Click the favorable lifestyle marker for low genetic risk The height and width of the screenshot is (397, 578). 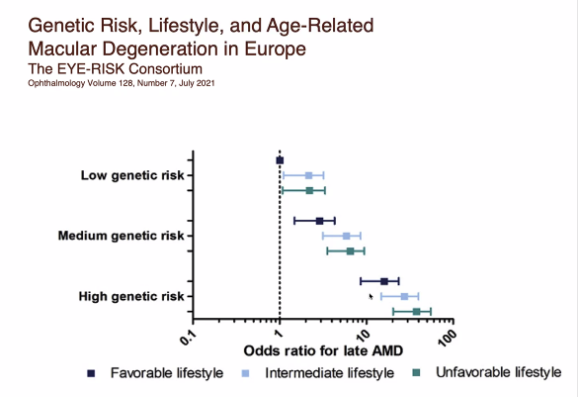pos(280,160)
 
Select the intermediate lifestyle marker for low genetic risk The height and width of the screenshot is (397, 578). pos(309,175)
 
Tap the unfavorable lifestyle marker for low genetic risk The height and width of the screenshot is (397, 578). pos(309,190)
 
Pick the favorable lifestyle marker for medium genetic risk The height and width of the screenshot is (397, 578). pos(319,221)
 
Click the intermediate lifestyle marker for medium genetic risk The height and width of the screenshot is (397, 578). pos(347,236)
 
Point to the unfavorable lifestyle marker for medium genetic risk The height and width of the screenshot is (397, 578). pos(350,251)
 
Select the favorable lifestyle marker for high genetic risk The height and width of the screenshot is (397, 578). pos(384,281)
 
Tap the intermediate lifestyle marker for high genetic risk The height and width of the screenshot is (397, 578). pos(404,296)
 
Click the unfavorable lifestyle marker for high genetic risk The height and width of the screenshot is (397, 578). pos(417,312)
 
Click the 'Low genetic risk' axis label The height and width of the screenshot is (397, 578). pos(132,175)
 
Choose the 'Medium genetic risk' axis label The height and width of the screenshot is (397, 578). pos(121,236)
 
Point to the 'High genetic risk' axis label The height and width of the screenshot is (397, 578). pos(131,296)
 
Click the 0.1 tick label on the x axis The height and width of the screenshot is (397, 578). pos(189,337)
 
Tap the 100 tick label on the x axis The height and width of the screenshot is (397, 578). pos(448,338)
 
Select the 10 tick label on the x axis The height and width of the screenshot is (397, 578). pos(363,336)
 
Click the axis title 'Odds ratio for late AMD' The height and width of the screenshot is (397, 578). pos(323,350)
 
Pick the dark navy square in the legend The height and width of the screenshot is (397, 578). pos(91,373)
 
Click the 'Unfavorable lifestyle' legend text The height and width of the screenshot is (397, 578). pos(498,372)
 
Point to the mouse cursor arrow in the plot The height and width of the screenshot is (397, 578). pos(371,297)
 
